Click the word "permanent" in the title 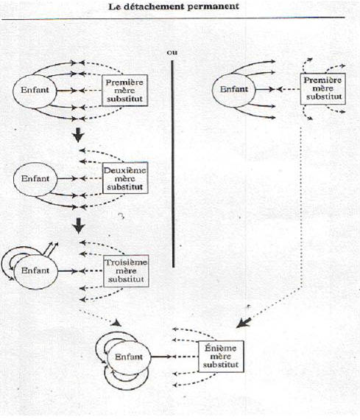click(213, 7)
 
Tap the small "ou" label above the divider click(172, 52)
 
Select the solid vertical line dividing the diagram click(173, 164)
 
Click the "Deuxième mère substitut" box click(125, 178)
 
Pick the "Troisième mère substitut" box click(126, 271)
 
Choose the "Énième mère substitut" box click(221, 356)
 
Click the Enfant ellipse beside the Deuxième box click(35, 178)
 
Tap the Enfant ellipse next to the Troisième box click(35, 271)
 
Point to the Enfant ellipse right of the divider click(234, 89)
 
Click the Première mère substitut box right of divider click(322, 88)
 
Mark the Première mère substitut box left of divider click(124, 91)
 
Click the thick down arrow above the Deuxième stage click(79, 135)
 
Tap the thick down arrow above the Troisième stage click(79, 225)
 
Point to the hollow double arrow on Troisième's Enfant click(51, 249)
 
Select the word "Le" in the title click(114, 7)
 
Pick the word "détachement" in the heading click(153, 7)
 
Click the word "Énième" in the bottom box click(221, 348)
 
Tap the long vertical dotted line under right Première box click(302, 206)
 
